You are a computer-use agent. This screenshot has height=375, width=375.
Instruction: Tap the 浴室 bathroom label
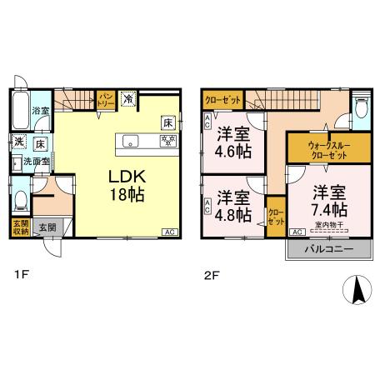coord(38,110)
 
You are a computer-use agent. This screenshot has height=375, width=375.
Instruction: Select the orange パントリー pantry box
coord(107,100)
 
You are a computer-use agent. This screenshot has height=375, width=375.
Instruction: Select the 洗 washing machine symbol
coord(18,141)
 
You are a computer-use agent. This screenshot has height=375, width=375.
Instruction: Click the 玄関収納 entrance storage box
coord(19,227)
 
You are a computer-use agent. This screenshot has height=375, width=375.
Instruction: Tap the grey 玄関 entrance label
coord(47,227)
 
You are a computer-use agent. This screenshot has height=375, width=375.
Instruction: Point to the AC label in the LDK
coord(167,232)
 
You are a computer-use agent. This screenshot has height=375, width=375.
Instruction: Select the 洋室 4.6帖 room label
coord(234,142)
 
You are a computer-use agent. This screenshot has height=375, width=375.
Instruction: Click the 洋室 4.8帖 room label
coord(234,205)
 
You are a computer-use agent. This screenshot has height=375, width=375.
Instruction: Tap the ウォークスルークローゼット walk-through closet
coord(319,150)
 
